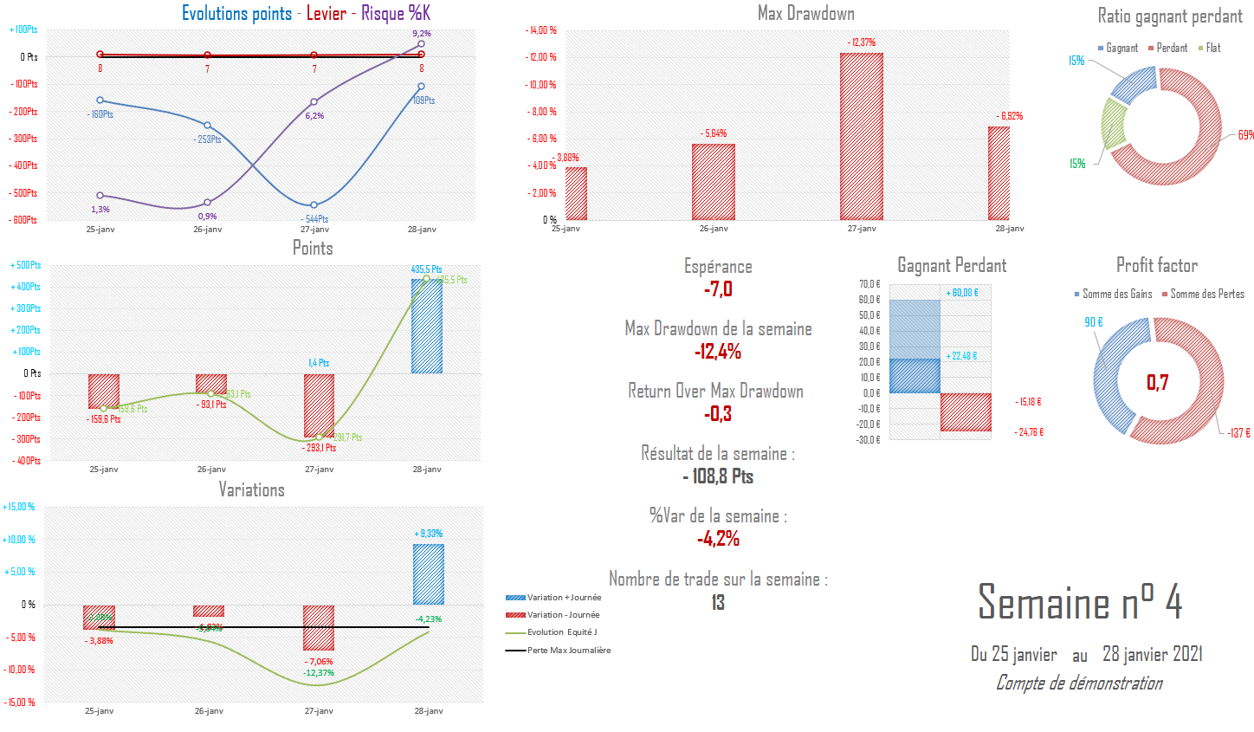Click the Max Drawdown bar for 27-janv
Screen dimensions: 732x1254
point(862,137)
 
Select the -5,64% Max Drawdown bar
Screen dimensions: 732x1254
point(714,182)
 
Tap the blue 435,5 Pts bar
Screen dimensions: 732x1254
point(427,326)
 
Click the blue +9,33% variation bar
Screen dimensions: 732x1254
point(429,573)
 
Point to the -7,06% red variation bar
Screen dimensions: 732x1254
point(319,628)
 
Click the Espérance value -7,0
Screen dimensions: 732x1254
point(718,289)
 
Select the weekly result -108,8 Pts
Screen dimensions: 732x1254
point(718,476)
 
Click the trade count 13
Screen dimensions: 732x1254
point(718,603)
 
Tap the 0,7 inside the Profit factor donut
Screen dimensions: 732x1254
point(1158,382)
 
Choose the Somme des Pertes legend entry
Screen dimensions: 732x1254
point(1206,295)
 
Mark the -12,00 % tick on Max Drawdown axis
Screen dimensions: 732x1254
point(541,57)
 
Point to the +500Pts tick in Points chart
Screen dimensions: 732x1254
point(26,265)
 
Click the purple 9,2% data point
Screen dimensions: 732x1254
point(422,43)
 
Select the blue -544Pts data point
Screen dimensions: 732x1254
point(314,205)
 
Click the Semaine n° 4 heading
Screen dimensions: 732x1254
point(1080,602)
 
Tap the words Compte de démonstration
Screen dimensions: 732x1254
point(1079,683)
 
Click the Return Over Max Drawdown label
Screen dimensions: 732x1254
point(715,392)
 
